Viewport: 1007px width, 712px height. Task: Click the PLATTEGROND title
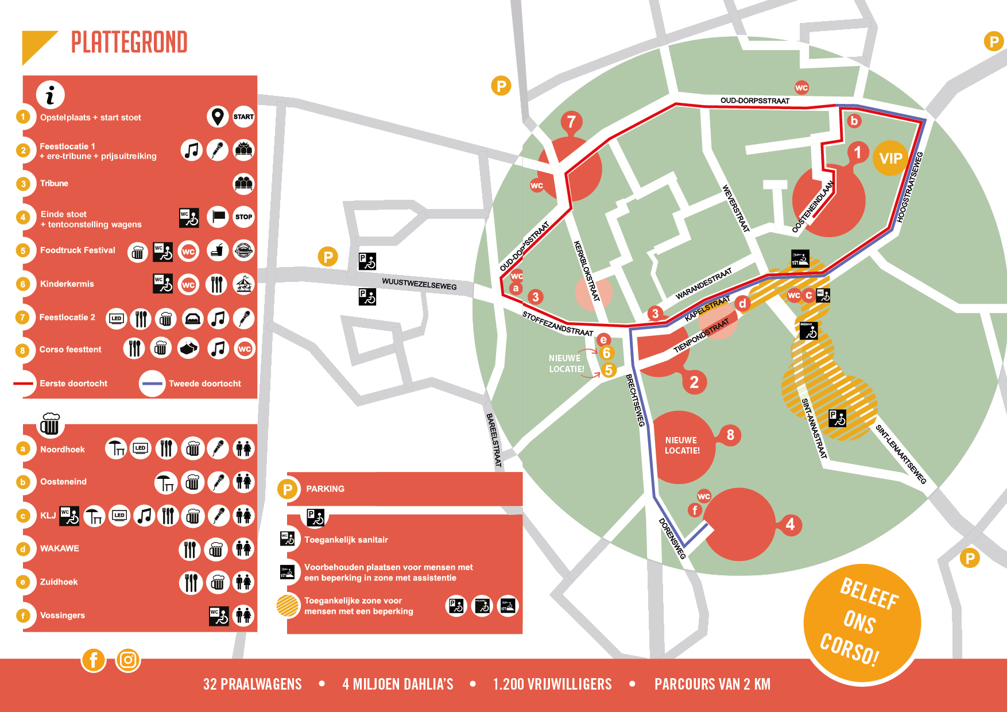129,42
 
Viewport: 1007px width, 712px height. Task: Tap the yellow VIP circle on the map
890,158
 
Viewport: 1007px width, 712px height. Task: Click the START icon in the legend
243,117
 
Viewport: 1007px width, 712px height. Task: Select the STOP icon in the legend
243,217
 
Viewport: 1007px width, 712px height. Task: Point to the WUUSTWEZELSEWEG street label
419,284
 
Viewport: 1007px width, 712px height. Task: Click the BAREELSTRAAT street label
494,440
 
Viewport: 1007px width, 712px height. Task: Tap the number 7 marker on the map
571,122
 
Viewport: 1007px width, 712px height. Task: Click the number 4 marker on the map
790,524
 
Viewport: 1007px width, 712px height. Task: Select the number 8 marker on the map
730,435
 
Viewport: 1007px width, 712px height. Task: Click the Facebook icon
94,660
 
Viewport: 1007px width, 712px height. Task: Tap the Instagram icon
128,660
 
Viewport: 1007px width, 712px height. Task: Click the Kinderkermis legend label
67,284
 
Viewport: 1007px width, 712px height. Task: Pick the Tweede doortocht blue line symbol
152,384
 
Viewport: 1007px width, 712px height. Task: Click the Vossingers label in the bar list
63,616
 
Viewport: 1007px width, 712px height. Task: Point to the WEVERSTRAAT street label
735,208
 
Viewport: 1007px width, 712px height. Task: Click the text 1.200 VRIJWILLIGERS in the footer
552,684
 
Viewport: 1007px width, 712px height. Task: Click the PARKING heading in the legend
325,489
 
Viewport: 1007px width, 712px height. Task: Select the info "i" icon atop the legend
51,95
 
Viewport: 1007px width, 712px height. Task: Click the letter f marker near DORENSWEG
695,510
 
